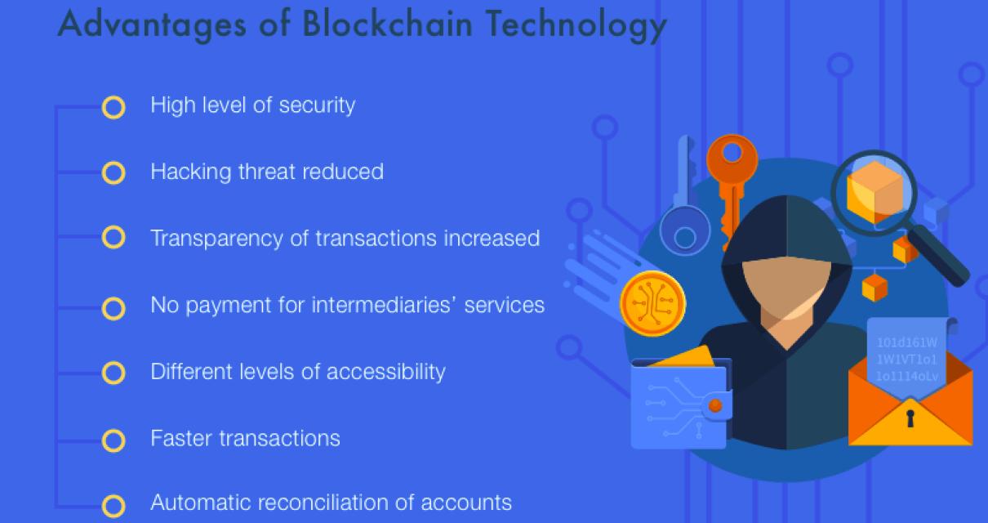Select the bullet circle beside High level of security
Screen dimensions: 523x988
tap(113, 107)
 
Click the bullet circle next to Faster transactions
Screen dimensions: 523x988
tap(113, 440)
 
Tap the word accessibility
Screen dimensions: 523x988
tap(386, 371)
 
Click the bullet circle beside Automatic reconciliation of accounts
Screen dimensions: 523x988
tap(113, 506)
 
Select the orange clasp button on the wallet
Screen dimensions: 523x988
tap(715, 405)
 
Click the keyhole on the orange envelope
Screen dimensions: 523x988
tap(910, 419)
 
